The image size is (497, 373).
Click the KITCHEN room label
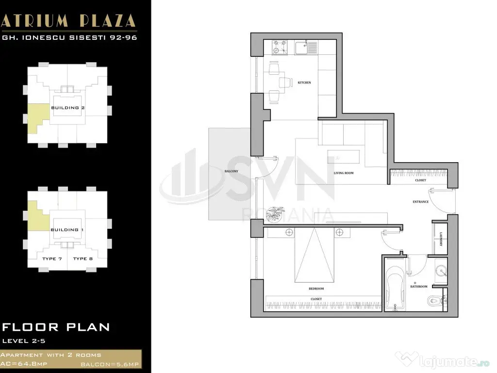point(304,83)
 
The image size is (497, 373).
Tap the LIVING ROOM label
point(344,173)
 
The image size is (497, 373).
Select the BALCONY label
point(232,171)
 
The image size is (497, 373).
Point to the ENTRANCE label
point(421,202)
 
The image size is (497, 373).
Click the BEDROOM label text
point(316,288)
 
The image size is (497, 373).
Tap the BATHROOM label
point(419,287)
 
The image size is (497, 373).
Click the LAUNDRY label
point(441,239)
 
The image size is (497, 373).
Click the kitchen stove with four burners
point(280,47)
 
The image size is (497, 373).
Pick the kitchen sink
point(306,48)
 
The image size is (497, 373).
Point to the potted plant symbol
point(274,214)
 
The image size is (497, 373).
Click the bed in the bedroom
point(315,255)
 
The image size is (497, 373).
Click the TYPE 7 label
point(52,259)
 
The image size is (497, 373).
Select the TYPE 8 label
point(83,259)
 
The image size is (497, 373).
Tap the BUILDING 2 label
point(68,108)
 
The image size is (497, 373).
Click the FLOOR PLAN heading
point(56,327)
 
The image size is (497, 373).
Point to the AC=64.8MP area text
point(24,364)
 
